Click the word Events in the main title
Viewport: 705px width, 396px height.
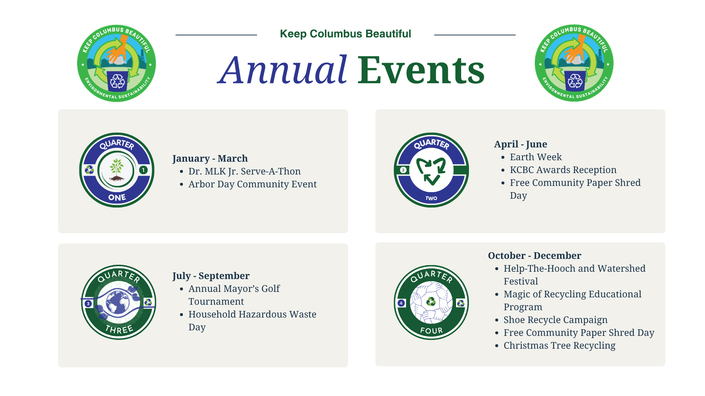click(x=421, y=70)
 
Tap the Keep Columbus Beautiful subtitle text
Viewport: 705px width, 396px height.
click(x=345, y=34)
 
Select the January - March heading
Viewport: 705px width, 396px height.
click(x=210, y=158)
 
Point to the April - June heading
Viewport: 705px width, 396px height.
click(x=520, y=144)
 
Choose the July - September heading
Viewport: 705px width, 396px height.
click(x=211, y=276)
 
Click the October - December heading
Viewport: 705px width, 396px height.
click(x=535, y=256)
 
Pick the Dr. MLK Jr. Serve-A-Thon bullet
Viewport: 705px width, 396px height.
click(x=245, y=171)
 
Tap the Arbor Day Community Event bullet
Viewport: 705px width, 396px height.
click(x=253, y=184)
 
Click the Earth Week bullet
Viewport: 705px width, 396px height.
click(x=536, y=157)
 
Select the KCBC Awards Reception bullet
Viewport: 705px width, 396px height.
click(x=563, y=170)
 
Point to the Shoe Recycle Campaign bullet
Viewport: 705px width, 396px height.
click(x=556, y=320)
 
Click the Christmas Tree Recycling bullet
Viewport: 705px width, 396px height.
click(x=560, y=345)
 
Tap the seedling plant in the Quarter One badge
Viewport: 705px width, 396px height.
click(x=117, y=169)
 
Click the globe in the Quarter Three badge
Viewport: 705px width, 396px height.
click(x=117, y=302)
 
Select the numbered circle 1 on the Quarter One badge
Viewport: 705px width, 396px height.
click(x=143, y=170)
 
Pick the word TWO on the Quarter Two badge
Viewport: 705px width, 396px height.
click(x=431, y=198)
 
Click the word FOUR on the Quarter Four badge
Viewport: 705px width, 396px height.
click(x=431, y=331)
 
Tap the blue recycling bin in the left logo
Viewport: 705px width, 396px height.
click(x=117, y=81)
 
